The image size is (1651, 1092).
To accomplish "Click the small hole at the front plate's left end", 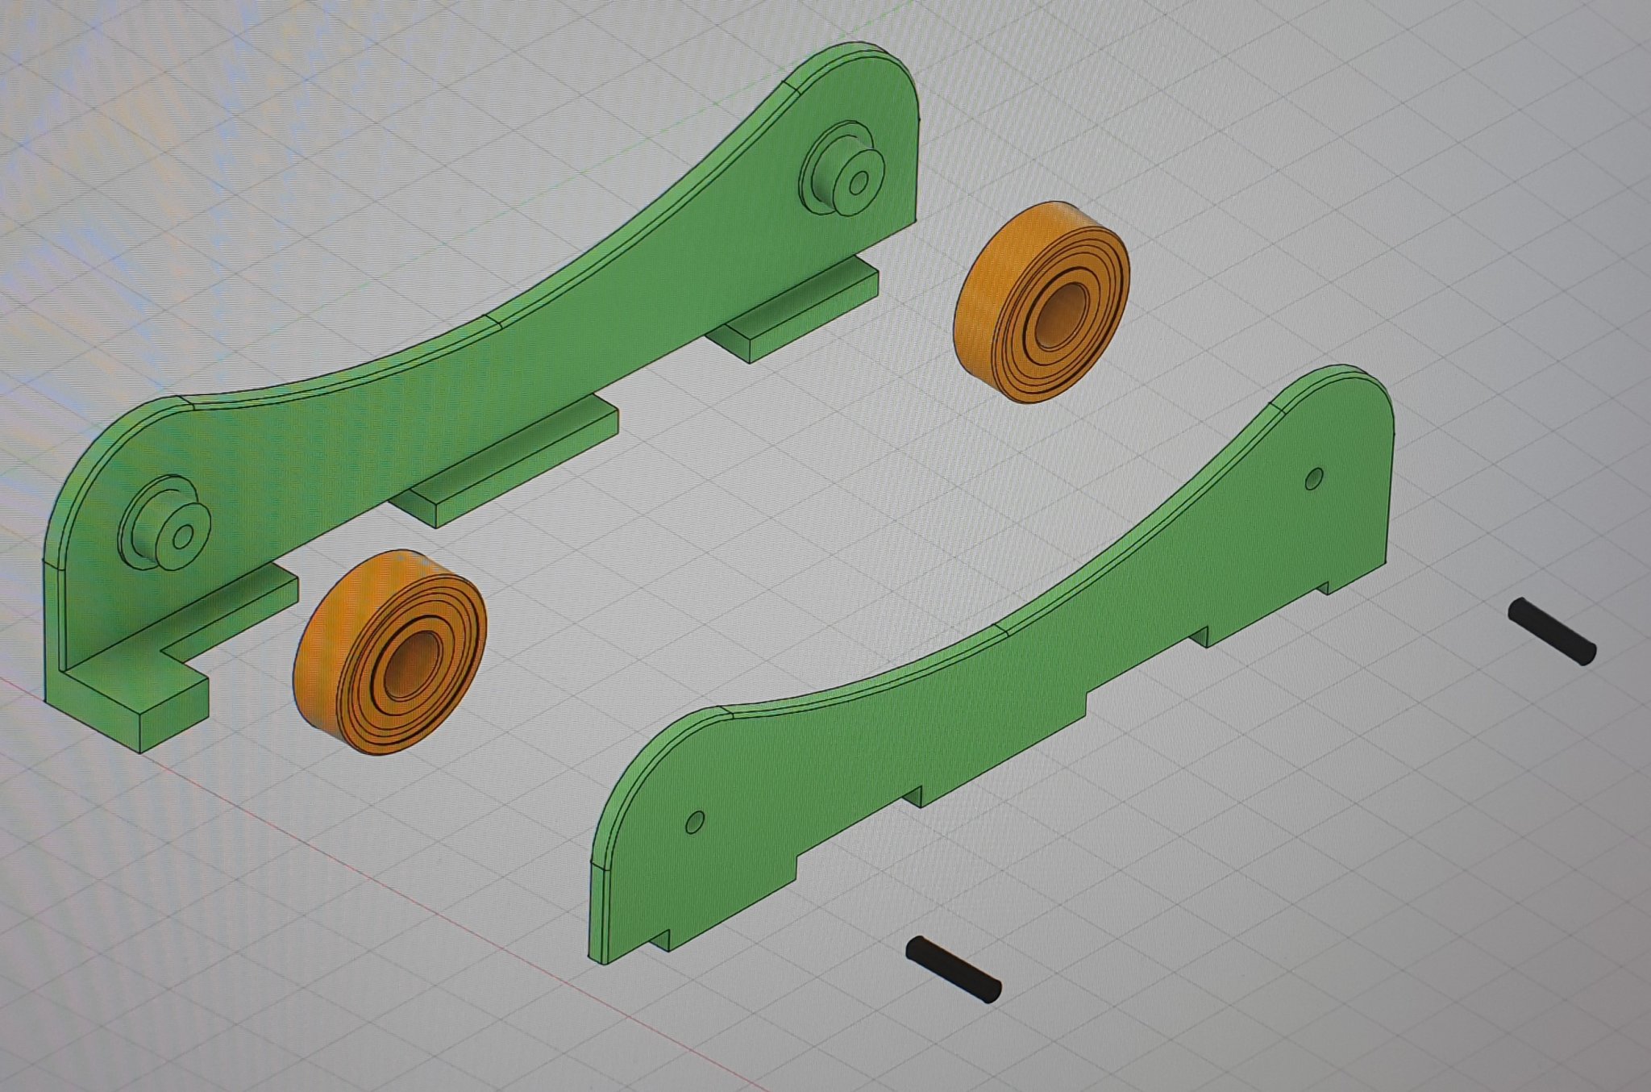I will tap(694, 822).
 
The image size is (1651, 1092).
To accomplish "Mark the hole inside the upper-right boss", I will tap(859, 183).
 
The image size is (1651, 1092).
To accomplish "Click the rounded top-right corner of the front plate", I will tap(1370, 395).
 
